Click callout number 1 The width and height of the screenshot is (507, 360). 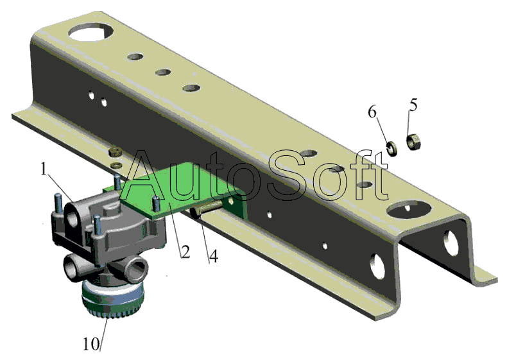(44, 169)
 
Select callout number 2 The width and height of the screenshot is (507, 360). (185, 252)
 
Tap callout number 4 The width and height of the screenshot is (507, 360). (213, 256)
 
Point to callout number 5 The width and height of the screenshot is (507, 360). (413, 105)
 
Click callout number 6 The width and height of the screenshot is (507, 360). (372, 112)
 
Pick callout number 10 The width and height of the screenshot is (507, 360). (91, 344)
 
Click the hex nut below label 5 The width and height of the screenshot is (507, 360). (413, 142)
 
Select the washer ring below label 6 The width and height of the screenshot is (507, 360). (392, 148)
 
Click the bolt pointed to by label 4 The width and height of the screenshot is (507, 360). (205, 209)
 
